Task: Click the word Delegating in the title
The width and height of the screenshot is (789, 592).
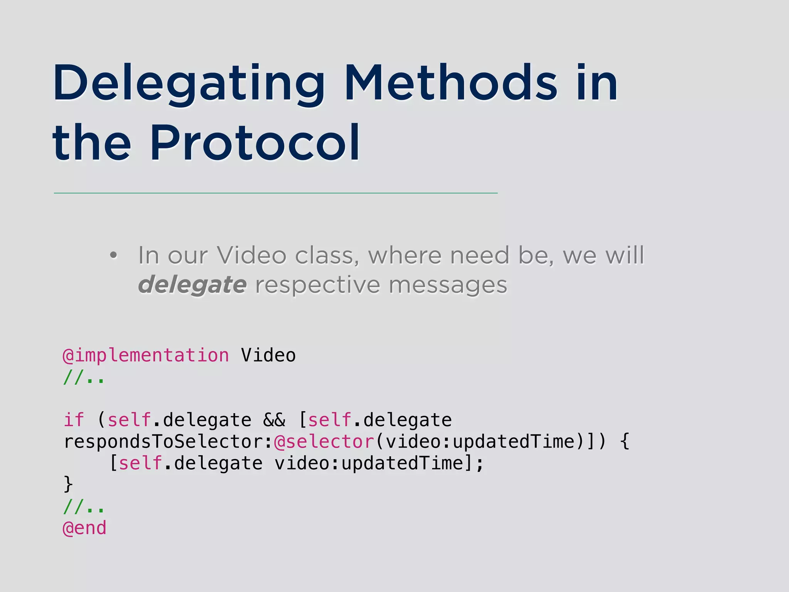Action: [189, 84]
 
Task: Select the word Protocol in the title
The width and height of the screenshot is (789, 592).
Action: [254, 143]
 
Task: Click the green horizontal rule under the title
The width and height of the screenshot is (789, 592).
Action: [275, 193]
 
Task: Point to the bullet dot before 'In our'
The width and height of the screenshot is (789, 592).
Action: [113, 256]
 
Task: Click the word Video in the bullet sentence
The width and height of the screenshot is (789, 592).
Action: [251, 256]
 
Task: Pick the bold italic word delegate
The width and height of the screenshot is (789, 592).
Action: [192, 285]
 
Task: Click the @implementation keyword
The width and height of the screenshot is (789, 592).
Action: [146, 355]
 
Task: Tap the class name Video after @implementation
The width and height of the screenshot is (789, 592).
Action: [268, 355]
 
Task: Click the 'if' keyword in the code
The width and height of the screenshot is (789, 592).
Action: [74, 420]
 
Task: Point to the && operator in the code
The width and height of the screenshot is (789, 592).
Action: [274, 420]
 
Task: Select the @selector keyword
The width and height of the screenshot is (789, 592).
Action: [324, 442]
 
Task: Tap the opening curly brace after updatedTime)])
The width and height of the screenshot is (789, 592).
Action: [625, 442]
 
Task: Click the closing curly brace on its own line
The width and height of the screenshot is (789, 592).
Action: [68, 484]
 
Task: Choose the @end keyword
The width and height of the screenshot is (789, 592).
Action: [84, 528]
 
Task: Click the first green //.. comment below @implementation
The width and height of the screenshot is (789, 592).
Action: [84, 377]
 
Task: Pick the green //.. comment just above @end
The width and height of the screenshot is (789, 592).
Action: [84, 506]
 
